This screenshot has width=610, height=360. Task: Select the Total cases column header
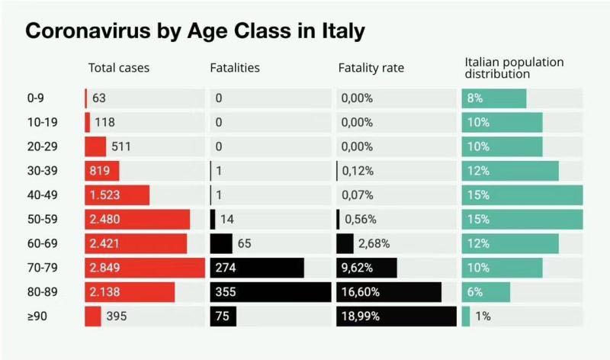pyautogui.click(x=119, y=68)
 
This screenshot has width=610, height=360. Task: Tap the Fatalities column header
pyautogui.click(x=235, y=68)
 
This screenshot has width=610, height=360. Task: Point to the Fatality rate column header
pyautogui.click(x=371, y=68)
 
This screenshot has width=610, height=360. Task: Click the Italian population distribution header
pyautogui.click(x=514, y=68)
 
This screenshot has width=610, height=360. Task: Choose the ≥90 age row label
pyautogui.click(x=37, y=316)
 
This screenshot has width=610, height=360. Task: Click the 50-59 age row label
pyautogui.click(x=41, y=219)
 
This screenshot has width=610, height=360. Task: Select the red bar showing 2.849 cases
pyautogui.click(x=145, y=268)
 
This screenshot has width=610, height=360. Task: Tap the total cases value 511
pyautogui.click(x=122, y=146)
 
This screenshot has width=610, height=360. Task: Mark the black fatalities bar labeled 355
pyautogui.click(x=271, y=292)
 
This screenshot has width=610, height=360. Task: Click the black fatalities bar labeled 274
pyautogui.click(x=257, y=268)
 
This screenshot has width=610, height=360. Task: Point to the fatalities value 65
pyautogui.click(x=245, y=243)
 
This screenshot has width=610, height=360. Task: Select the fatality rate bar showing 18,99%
pyautogui.click(x=396, y=316)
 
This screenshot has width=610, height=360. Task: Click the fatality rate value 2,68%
pyautogui.click(x=374, y=243)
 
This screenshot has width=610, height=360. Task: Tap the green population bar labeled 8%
pyautogui.click(x=494, y=98)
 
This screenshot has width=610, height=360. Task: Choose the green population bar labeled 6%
pyautogui.click(x=486, y=292)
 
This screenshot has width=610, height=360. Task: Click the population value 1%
pyautogui.click(x=483, y=316)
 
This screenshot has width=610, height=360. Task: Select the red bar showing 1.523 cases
pyautogui.click(x=117, y=195)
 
